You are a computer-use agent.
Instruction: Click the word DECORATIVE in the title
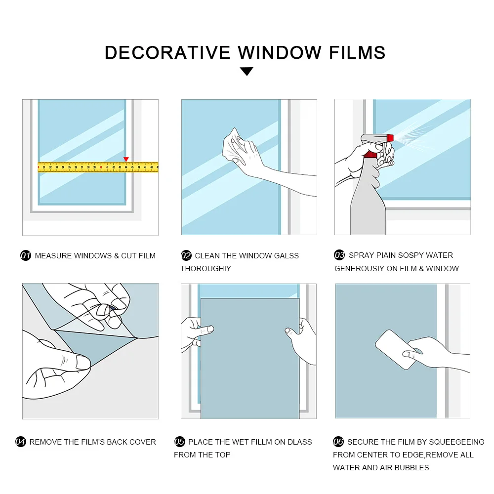167,52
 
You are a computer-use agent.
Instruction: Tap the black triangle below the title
247,72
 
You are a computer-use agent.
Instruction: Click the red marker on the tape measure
126,159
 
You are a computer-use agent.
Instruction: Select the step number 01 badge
26,256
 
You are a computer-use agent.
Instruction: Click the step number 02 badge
186,256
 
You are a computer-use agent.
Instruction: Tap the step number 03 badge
340,255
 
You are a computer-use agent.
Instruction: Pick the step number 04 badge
21,442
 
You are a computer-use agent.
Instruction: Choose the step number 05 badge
180,442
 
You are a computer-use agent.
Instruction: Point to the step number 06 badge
338,442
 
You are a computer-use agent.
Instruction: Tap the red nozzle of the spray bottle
390,137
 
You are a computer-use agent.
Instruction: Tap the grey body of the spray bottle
368,207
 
